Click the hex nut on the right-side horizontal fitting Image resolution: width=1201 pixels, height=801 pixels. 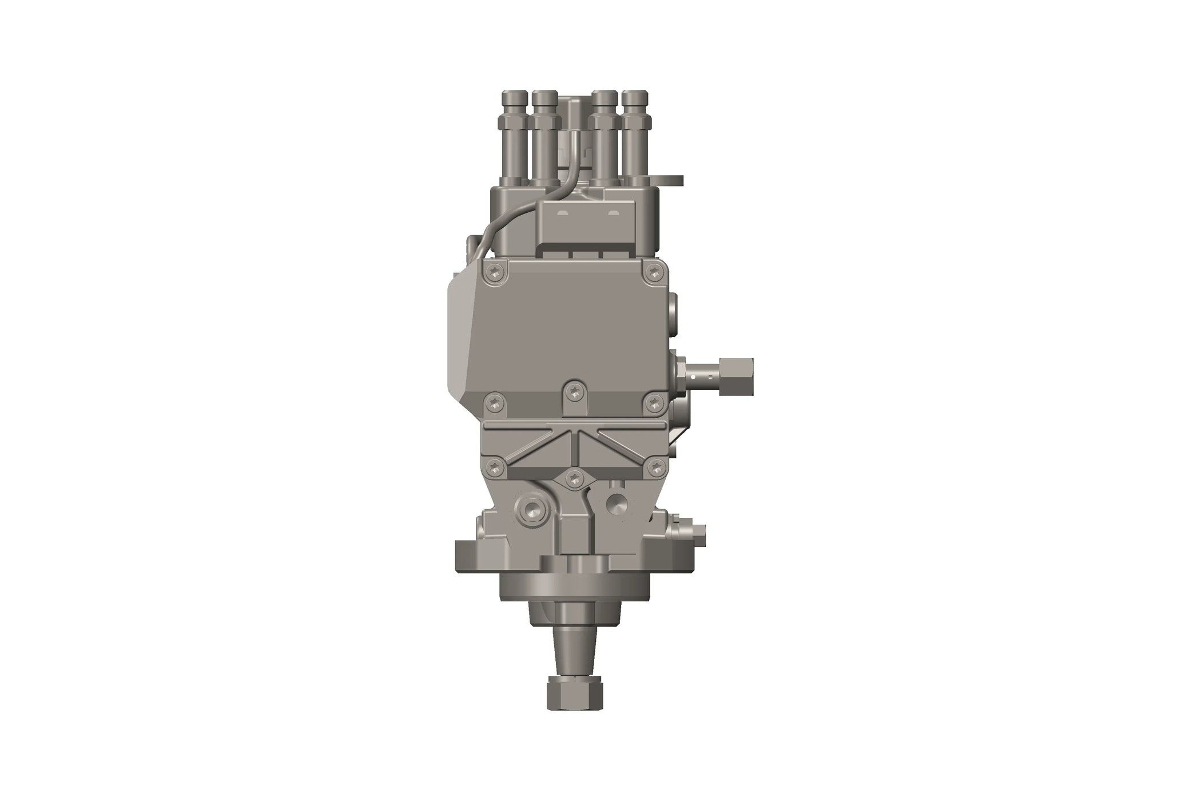click(737, 376)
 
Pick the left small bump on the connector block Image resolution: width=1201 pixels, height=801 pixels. click(563, 213)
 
